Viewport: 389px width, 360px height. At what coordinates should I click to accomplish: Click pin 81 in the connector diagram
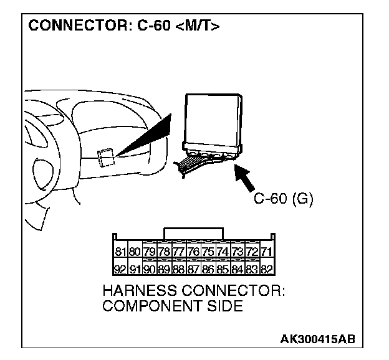(120, 252)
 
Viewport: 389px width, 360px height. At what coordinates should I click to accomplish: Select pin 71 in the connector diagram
(266, 252)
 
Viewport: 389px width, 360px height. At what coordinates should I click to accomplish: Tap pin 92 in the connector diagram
(120, 270)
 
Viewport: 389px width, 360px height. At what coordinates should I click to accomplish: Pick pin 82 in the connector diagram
(266, 270)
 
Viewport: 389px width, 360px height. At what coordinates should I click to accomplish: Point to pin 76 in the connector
(193, 252)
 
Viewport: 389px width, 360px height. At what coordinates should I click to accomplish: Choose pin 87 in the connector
(193, 270)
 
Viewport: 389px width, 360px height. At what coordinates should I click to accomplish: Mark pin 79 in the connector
(150, 252)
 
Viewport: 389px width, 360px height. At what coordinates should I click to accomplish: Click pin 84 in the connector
(237, 270)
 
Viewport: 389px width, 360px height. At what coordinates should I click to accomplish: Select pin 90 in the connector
(150, 270)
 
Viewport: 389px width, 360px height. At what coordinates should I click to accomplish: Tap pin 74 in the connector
(223, 252)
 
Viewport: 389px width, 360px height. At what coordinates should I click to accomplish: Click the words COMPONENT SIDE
(172, 307)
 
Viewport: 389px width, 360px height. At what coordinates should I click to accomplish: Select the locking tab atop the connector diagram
(193, 233)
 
